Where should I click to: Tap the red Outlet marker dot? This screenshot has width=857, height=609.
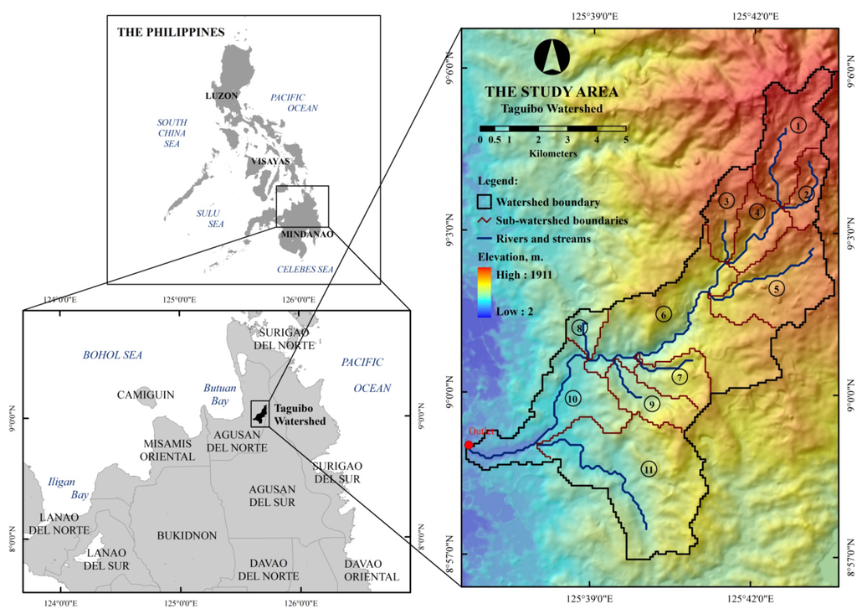[468, 445]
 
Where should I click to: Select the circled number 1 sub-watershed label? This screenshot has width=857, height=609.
[798, 125]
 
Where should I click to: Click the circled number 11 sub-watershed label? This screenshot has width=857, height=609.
[649, 469]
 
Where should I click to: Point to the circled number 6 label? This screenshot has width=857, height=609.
[663, 315]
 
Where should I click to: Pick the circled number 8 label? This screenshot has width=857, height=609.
[580, 328]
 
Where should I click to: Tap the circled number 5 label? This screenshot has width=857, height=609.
[776, 289]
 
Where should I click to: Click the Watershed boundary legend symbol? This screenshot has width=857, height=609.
[485, 202]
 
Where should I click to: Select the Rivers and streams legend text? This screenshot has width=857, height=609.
[543, 239]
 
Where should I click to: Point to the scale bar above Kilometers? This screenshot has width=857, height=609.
[552, 128]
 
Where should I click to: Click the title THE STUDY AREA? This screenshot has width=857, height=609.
[552, 91]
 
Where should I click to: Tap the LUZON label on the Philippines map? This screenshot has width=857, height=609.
[222, 95]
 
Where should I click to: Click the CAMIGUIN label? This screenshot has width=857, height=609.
[141, 394]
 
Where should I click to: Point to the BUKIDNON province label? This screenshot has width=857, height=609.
[187, 534]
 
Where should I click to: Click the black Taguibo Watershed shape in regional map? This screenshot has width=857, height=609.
[259, 414]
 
